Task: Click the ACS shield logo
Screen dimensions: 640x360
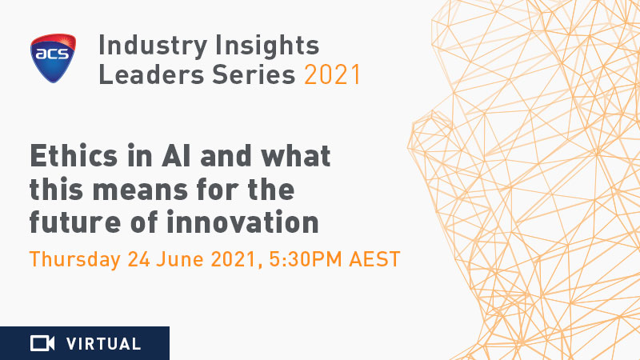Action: point(53,58)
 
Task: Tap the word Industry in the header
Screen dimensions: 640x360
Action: point(153,46)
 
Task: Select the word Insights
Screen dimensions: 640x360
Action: point(267,46)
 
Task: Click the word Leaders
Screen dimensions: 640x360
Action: point(151,74)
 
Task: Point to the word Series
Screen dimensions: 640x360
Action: point(254,74)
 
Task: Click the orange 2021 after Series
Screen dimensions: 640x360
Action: point(332,74)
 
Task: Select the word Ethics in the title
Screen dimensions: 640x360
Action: point(74,155)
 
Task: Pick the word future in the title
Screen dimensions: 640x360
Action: point(75,222)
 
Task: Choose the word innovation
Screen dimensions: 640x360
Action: point(242,222)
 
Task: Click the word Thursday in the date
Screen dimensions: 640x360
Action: point(75,260)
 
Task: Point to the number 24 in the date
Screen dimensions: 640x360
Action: point(138,259)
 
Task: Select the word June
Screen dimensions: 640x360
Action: point(180,259)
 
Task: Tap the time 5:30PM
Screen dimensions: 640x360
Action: point(306,259)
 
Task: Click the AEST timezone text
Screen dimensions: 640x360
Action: point(374,259)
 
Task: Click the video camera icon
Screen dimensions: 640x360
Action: point(42,343)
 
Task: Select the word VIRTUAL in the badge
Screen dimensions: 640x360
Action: point(104,344)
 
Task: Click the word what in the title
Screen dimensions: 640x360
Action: point(296,155)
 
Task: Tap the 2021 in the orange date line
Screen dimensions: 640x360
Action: point(234,259)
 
